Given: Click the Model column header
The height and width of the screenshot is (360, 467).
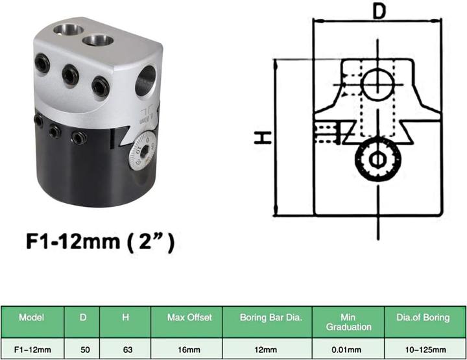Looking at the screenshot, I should pos(32,319).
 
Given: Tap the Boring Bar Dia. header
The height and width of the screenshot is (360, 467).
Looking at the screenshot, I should pos(267,319).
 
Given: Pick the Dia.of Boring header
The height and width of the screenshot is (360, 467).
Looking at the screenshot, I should pos(423,319).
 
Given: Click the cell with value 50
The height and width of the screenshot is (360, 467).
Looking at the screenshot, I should pos(84,349).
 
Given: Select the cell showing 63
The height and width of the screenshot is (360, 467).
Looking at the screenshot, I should pos(128,349).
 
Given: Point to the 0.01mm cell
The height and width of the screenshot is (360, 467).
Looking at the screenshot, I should pos(348,349).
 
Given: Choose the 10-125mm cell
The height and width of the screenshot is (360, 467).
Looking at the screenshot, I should pos(423,349).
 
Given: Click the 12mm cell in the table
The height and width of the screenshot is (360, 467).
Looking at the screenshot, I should pos(267,349).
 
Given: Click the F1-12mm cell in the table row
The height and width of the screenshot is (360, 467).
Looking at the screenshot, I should pos(32,349).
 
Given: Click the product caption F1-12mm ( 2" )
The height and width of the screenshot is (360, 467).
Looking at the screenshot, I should pos(101,243).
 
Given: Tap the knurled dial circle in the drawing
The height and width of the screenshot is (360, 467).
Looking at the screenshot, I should pos(377,158).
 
